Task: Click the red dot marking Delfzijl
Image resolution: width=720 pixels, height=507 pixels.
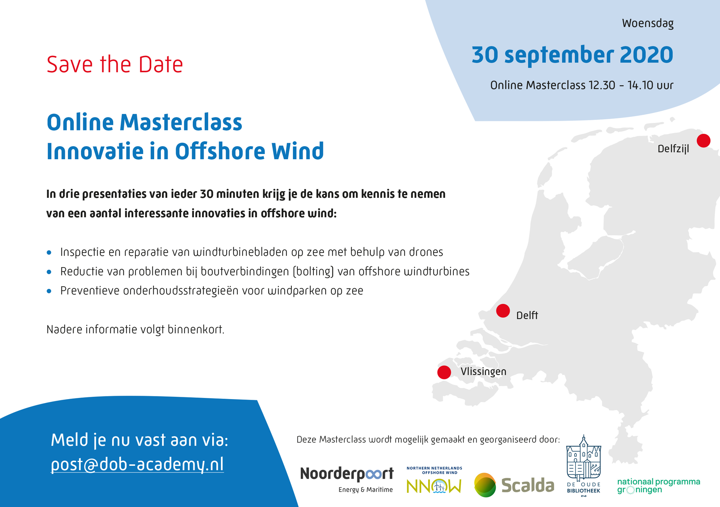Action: [x=703, y=141]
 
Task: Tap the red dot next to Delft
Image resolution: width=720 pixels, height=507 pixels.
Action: [x=503, y=311]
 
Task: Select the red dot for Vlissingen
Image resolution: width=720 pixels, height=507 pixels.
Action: [x=444, y=372]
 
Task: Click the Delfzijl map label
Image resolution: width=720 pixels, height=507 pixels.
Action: [x=673, y=149]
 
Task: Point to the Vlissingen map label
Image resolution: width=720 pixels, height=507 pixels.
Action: [x=483, y=372]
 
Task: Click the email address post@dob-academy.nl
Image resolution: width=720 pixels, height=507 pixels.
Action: [x=137, y=465]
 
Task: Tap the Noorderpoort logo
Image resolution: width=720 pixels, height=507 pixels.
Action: [x=347, y=479]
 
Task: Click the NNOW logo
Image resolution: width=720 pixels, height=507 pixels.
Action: [x=434, y=480]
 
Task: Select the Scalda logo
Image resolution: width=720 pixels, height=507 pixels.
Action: [x=514, y=485]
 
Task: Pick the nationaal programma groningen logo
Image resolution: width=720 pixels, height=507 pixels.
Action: [x=658, y=486]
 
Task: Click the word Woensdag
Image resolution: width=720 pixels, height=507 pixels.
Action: [x=648, y=24]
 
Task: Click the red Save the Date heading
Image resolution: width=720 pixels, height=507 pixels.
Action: [x=115, y=64]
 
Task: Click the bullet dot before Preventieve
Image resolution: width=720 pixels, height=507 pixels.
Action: [x=49, y=291]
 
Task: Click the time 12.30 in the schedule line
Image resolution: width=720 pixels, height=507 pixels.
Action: [x=602, y=85]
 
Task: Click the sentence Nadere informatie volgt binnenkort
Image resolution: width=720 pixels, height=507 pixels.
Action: [x=135, y=329]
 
